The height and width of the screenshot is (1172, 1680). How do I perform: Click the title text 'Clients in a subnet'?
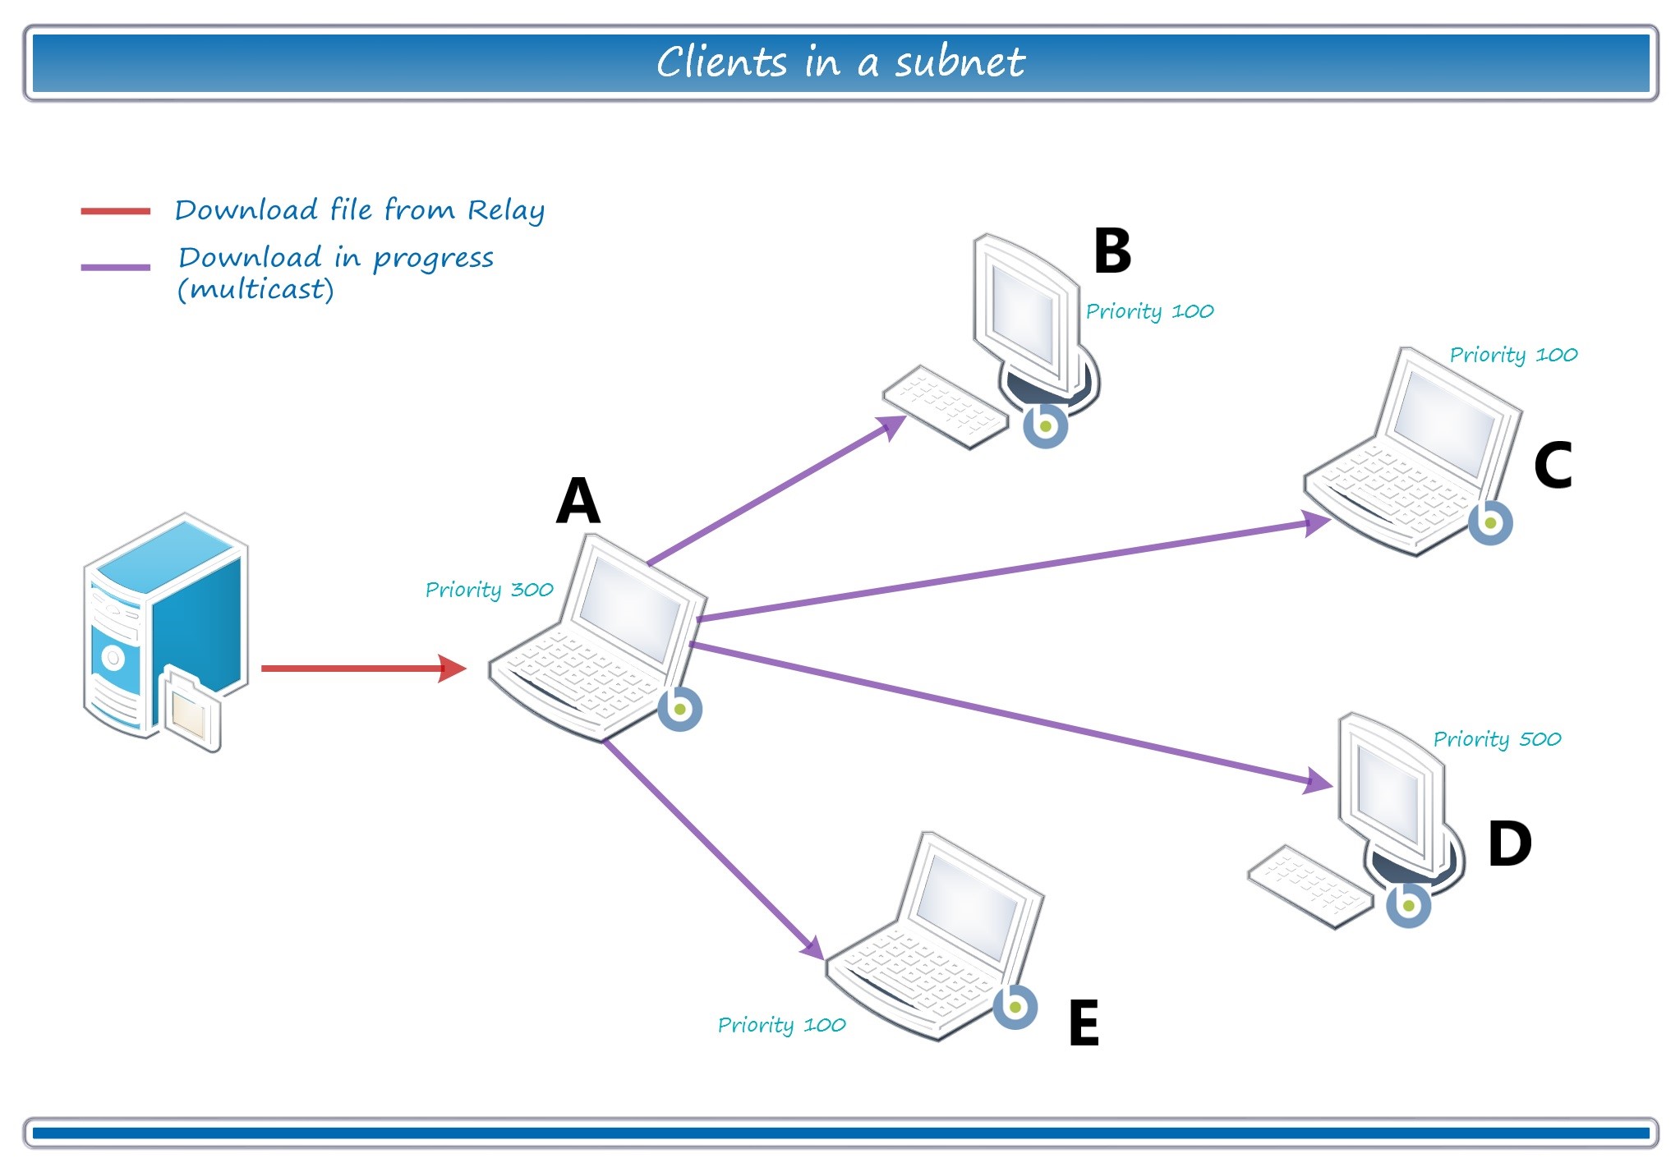[x=840, y=62]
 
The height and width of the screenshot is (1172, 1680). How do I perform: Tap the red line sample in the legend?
[x=115, y=211]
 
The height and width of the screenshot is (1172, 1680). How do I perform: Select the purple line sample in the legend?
[x=115, y=267]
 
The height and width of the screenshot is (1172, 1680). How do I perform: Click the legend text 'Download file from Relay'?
[x=359, y=210]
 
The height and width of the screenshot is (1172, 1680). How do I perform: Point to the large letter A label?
[x=578, y=501]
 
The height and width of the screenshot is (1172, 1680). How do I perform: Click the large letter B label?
[x=1112, y=251]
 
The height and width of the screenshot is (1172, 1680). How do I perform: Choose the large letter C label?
[x=1553, y=466]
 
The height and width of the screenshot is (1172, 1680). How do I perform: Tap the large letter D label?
[x=1509, y=844]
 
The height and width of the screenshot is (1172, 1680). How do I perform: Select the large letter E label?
[x=1084, y=1023]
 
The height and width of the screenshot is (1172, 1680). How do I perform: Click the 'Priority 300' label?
[x=489, y=590]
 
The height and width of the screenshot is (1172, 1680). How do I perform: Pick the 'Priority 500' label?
[x=1497, y=739]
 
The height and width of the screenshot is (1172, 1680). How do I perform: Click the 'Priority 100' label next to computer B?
[x=1149, y=311]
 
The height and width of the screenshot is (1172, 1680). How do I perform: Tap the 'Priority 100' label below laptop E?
[x=781, y=1025]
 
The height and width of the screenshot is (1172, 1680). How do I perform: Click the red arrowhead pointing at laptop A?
[x=453, y=669]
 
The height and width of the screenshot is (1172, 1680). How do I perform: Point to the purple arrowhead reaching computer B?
[x=892, y=427]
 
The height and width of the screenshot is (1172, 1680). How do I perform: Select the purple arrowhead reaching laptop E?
[x=812, y=948]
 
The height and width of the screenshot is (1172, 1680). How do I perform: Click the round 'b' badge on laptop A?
[x=679, y=709]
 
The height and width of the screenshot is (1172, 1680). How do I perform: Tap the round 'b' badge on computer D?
[x=1408, y=905]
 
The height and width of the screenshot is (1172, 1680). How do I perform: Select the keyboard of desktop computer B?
[x=945, y=407]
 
